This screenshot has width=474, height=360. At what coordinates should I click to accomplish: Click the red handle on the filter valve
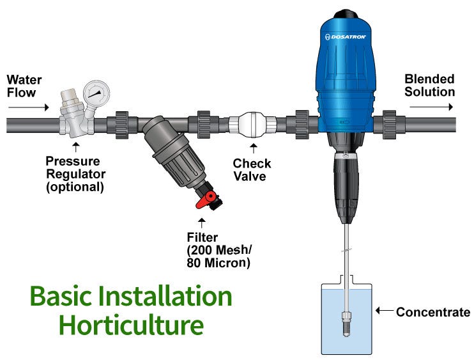tap(204, 202)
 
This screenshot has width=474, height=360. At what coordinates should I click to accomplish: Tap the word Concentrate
tap(432, 312)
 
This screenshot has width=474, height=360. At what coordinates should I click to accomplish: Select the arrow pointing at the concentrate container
tap(384, 311)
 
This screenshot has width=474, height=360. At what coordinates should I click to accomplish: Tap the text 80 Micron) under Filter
tap(218, 263)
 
